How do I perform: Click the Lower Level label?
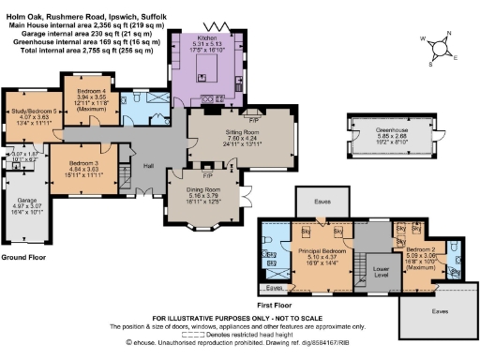point(380,267)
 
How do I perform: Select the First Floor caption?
point(277,305)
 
